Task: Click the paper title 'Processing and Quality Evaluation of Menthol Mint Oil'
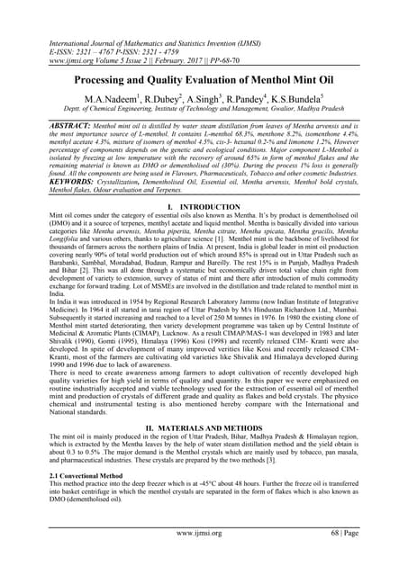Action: [x=204, y=79]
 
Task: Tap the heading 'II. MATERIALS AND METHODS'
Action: [x=204, y=452]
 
